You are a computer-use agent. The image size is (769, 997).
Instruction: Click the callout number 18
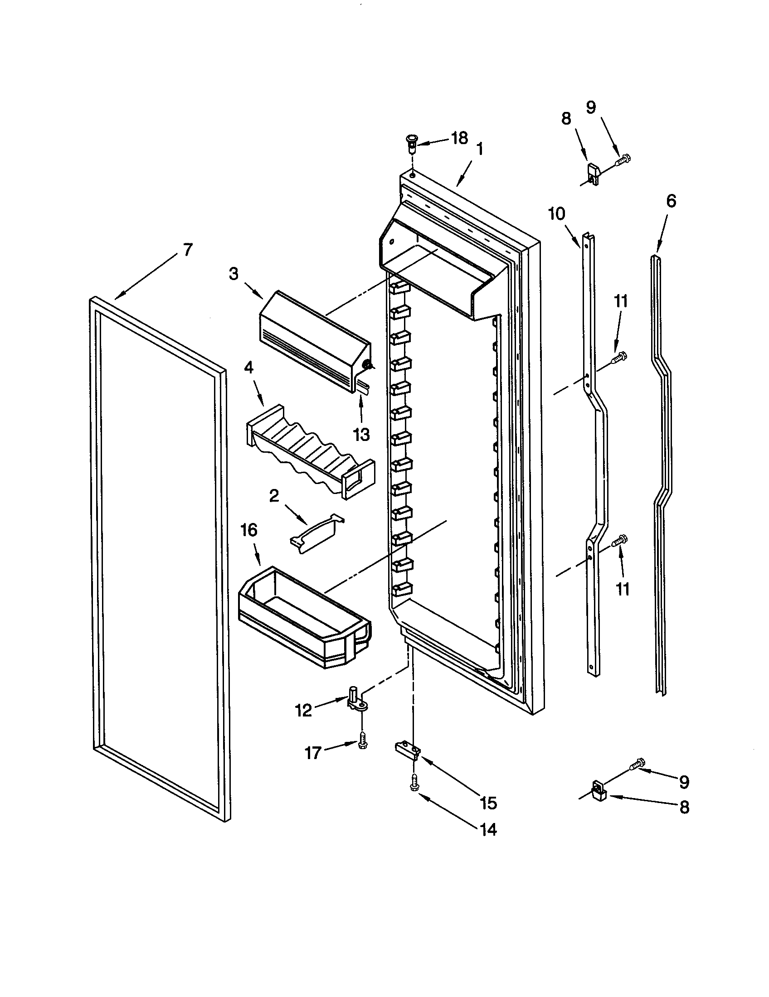pos(460,137)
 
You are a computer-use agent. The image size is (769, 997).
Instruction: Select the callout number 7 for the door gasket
pos(188,250)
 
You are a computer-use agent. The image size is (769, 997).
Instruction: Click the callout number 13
pos(361,434)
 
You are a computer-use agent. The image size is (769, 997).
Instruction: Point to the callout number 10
pos(557,214)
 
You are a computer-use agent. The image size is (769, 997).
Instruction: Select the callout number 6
pos(671,201)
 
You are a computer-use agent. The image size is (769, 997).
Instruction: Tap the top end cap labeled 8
pos(592,174)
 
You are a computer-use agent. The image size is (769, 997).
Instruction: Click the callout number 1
pos(480,149)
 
